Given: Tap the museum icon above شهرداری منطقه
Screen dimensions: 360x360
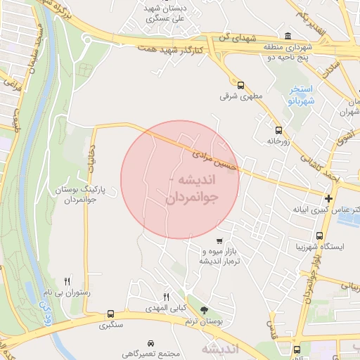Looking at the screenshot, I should pos(287,37).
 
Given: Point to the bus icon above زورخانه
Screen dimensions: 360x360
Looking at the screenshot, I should pos(279,130).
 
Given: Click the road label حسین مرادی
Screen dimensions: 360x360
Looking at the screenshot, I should pos(218,156).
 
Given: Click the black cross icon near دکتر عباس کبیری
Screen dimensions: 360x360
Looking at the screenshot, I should pos(329,198).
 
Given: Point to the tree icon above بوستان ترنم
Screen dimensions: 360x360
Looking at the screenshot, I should pos(205,309).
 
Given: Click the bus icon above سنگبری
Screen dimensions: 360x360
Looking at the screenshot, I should pos(110,314).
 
